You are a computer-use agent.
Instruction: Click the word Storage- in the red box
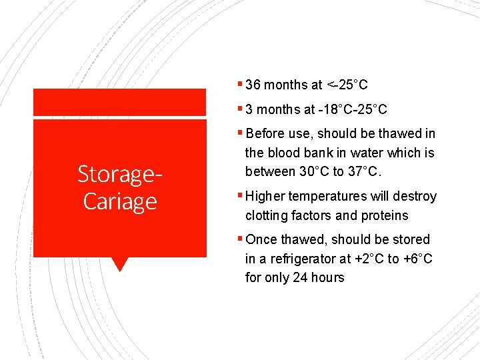point(120,174)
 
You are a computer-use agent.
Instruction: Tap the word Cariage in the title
point(120,201)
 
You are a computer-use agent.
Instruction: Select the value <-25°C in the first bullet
point(347,85)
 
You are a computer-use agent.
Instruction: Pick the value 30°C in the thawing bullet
point(317,172)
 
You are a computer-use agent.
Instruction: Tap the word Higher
point(265,196)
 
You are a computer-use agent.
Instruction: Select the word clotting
point(266,215)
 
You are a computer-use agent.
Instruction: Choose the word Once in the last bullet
point(261,239)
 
